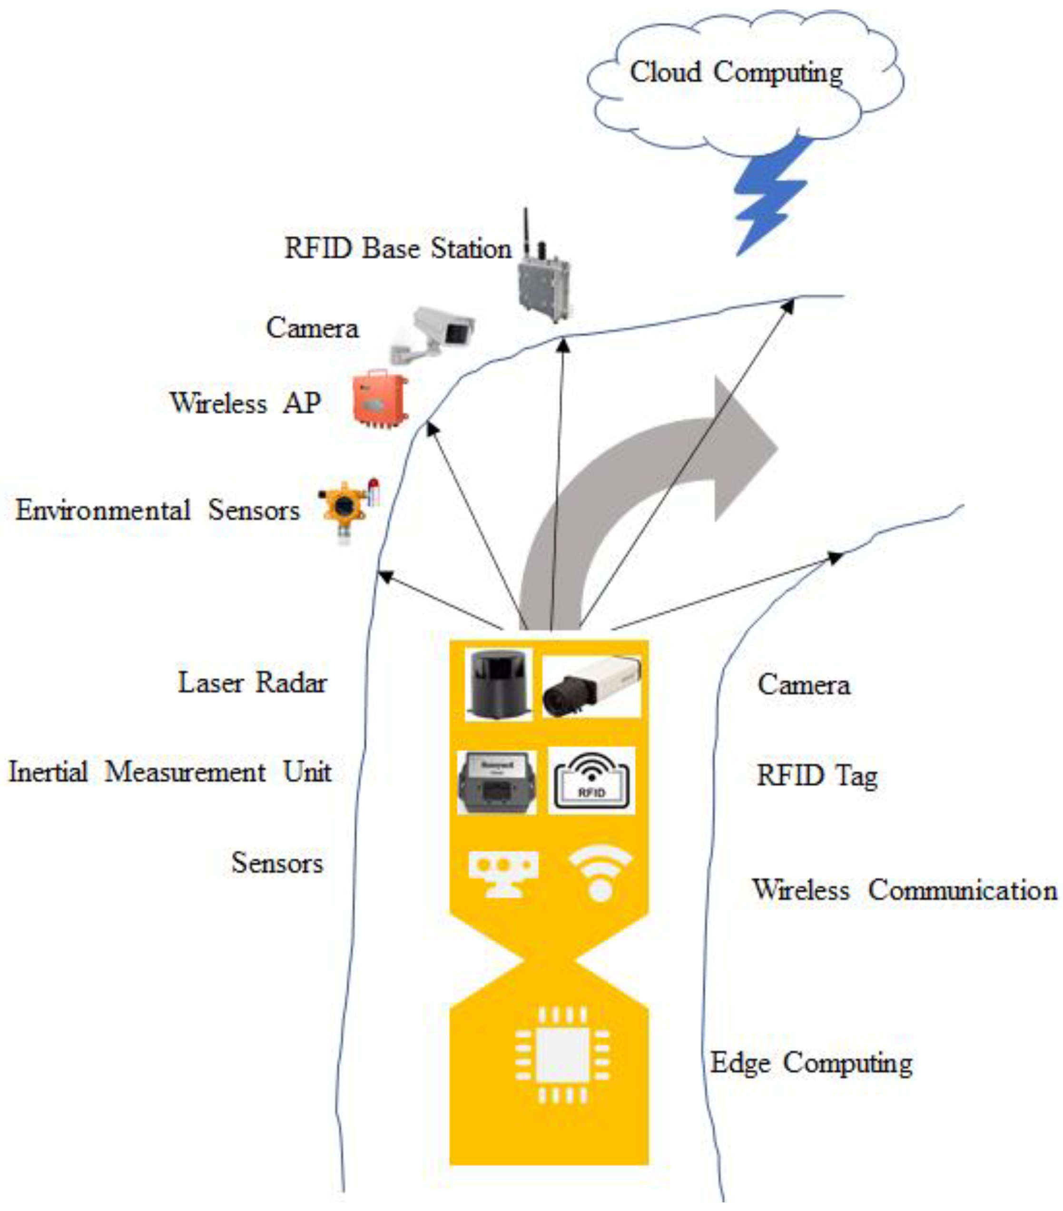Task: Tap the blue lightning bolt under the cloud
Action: tap(769, 196)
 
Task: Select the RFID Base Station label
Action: tap(398, 248)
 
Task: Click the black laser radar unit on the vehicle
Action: tap(498, 684)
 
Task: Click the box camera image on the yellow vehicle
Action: tap(591, 686)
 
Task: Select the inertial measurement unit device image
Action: tap(497, 781)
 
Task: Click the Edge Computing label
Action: tap(811, 1062)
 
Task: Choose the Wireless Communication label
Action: tap(904, 890)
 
